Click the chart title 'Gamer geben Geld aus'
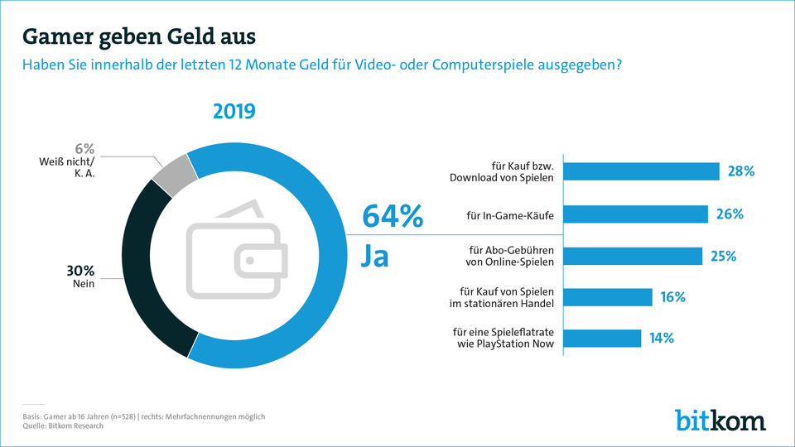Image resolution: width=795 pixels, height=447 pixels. tap(139, 37)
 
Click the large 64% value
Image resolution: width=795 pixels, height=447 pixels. tap(393, 217)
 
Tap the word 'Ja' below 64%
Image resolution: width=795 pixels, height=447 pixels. tap(375, 256)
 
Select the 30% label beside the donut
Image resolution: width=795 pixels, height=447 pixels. tap(81, 271)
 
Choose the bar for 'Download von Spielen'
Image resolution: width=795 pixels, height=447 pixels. tap(642, 171)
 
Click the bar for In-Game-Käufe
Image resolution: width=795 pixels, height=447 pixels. tap(636, 214)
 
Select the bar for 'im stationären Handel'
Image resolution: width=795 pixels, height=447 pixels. tap(609, 297)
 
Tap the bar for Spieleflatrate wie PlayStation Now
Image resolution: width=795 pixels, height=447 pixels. tap(603, 338)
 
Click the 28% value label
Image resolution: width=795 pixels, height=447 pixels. tap(741, 171)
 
